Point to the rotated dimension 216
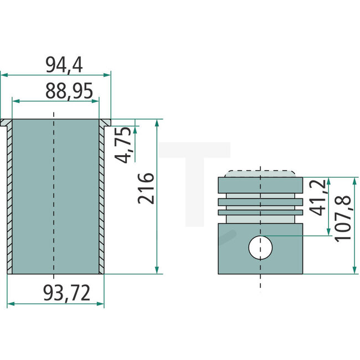point(146,188)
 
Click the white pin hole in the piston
point(260,247)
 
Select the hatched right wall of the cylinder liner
point(101,199)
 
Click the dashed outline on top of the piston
point(260,171)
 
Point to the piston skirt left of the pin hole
point(233,249)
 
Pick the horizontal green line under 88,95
point(55,101)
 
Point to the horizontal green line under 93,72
point(55,304)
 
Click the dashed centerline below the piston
point(260,281)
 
